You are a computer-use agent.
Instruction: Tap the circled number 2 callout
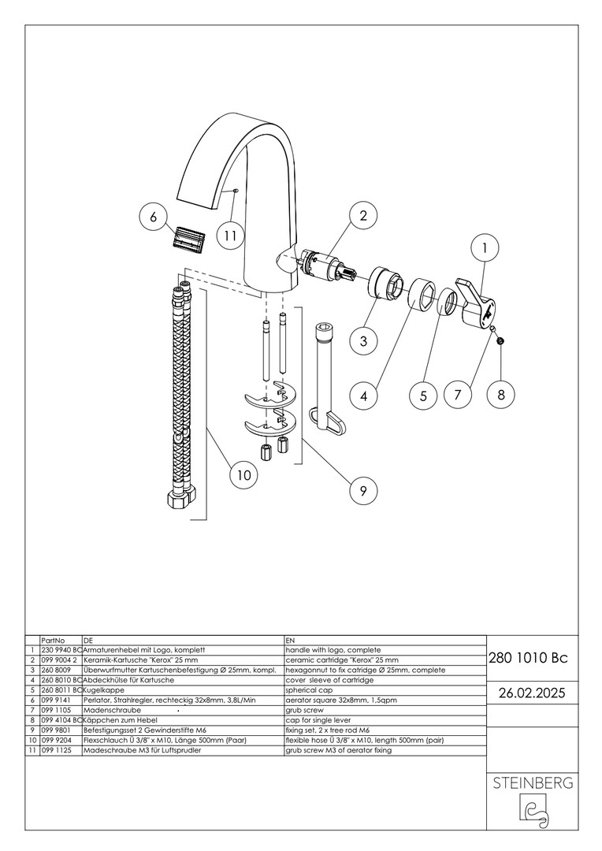tap(362, 216)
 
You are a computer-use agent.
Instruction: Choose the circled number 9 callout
tap(362, 490)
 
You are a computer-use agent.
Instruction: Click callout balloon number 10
tap(243, 474)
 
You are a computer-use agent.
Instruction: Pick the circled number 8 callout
tap(500, 394)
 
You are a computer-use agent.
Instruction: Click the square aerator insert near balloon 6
tap(188, 238)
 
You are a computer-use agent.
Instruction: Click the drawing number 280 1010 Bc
tap(527, 658)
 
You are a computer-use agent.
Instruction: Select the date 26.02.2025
tap(527, 693)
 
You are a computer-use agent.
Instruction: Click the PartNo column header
tap(53, 641)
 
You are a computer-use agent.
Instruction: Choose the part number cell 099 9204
tap(57, 741)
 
